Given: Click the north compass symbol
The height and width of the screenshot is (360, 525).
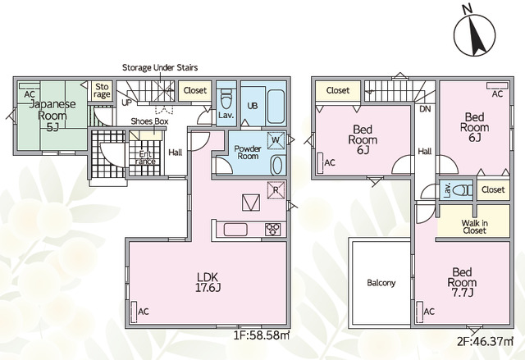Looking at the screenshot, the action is (x=474, y=34).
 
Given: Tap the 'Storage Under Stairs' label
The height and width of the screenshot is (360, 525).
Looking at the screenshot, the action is (x=160, y=67).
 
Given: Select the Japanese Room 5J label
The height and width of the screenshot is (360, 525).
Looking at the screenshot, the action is (x=52, y=116).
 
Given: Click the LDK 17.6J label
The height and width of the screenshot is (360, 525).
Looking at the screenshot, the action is (x=208, y=282).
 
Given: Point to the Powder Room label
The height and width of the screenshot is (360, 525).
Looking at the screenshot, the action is (x=248, y=153).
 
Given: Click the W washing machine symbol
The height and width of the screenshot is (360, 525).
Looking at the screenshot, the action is (x=276, y=140).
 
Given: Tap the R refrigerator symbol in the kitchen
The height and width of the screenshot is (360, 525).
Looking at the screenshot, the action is (x=276, y=190).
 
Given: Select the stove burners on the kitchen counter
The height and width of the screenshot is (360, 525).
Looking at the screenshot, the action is (x=273, y=230).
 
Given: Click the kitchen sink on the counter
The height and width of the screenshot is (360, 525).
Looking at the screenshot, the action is (x=235, y=230).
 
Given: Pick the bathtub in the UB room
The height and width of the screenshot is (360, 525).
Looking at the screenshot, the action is (x=276, y=106).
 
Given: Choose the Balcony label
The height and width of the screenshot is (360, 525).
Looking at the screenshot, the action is (x=381, y=283).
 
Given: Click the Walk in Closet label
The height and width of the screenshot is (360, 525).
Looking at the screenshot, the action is (x=474, y=226).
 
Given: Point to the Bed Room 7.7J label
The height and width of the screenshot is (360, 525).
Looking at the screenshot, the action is (x=462, y=282).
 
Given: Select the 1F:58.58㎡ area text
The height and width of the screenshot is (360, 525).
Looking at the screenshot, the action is (x=262, y=335).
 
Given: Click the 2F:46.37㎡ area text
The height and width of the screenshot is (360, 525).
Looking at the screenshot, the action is (x=485, y=341).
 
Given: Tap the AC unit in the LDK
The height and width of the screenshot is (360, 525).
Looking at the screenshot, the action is (x=134, y=312).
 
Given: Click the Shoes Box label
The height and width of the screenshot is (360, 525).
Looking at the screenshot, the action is (x=149, y=121).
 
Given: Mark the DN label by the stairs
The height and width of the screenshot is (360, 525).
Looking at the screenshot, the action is (x=425, y=109).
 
